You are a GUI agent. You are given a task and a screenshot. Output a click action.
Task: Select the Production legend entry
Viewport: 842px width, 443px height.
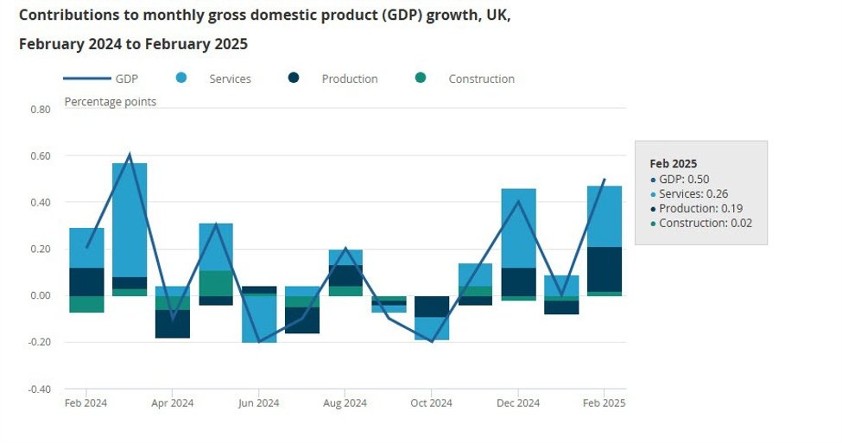tap(349, 79)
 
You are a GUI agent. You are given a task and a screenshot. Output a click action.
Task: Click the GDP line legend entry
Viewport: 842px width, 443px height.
tap(125, 79)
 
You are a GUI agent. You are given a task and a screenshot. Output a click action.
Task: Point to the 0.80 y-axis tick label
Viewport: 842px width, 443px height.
tap(40, 110)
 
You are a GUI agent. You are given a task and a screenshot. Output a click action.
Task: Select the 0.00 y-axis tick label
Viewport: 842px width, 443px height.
tap(40, 296)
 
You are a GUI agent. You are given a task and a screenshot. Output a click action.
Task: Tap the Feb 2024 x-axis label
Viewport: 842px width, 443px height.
tap(86, 403)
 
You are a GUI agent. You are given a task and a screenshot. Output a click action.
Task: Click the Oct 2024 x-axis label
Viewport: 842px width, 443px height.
tap(431, 403)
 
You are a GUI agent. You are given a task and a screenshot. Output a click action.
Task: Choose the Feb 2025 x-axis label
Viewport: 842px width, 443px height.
tap(604, 403)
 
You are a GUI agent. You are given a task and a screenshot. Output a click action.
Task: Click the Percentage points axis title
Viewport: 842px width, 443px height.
tap(111, 102)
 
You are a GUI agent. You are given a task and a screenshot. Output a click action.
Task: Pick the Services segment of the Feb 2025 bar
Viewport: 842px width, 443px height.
tap(605, 216)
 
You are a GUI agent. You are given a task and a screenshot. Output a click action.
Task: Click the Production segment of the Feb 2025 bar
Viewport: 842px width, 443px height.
tap(605, 269)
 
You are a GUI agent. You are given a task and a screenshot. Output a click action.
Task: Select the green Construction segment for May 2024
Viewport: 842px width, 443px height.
tap(216, 283)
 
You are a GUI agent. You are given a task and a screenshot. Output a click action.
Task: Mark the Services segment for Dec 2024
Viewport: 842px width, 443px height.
tap(518, 228)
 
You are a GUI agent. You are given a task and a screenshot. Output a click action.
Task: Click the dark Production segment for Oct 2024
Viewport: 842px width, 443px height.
tap(432, 307)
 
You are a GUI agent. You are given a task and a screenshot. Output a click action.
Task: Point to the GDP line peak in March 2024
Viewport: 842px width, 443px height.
tap(130, 155)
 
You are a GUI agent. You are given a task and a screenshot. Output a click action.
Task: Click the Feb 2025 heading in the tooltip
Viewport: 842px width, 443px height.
tap(673, 163)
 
